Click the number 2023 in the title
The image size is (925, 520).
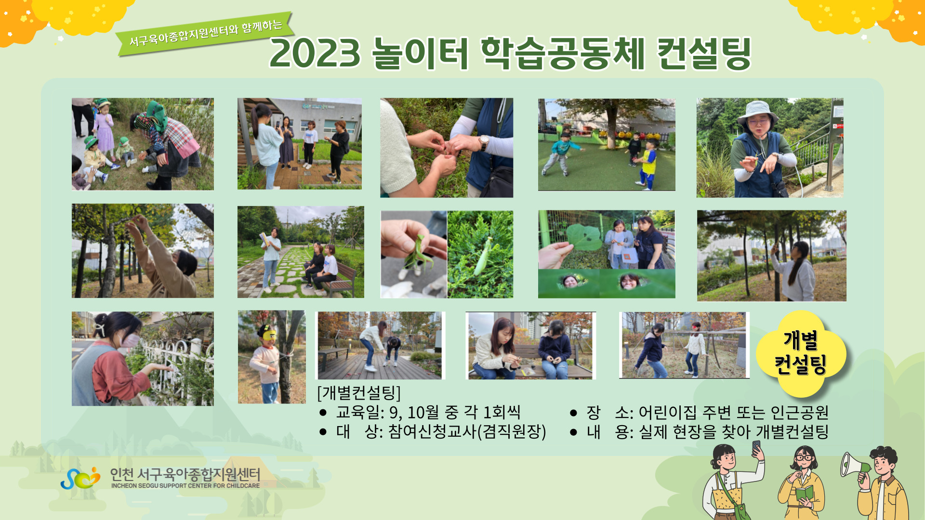pyautogui.click(x=315, y=53)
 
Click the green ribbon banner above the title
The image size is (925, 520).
pyautogui.click(x=205, y=34)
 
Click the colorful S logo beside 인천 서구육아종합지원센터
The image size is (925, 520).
pyautogui.click(x=80, y=478)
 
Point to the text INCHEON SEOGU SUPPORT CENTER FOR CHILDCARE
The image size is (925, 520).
pyautogui.click(x=185, y=486)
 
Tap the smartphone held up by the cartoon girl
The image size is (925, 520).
pyautogui.click(x=756, y=447)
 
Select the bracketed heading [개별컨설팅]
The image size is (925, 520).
pyautogui.click(x=359, y=392)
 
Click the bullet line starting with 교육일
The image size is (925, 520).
pyautogui.click(x=420, y=412)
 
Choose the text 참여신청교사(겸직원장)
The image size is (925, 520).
pyautogui.click(x=467, y=431)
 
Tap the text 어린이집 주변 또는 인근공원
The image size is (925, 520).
pyautogui.click(x=733, y=412)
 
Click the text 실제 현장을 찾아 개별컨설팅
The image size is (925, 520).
pyautogui.click(x=733, y=431)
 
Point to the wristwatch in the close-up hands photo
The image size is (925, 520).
pyautogui.click(x=483, y=142)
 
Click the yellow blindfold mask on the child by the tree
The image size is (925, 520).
pyautogui.click(x=268, y=334)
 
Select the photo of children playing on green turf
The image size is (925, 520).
pyautogui.click(x=607, y=144)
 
